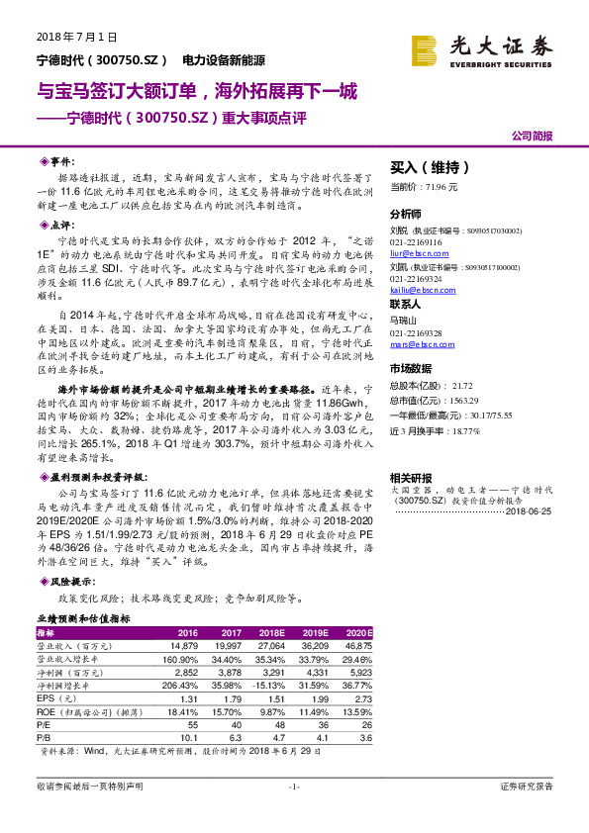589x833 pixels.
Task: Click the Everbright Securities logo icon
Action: pos(426,48)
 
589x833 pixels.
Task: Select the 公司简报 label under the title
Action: pos(533,136)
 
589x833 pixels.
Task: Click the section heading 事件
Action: pos(61,160)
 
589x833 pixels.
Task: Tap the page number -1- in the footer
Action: pos(294,787)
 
